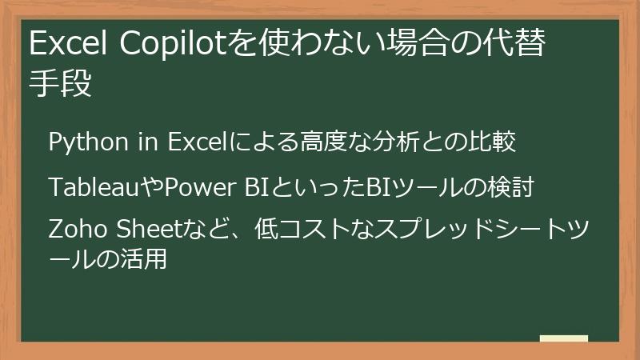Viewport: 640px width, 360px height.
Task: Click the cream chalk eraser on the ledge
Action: coord(563,339)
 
